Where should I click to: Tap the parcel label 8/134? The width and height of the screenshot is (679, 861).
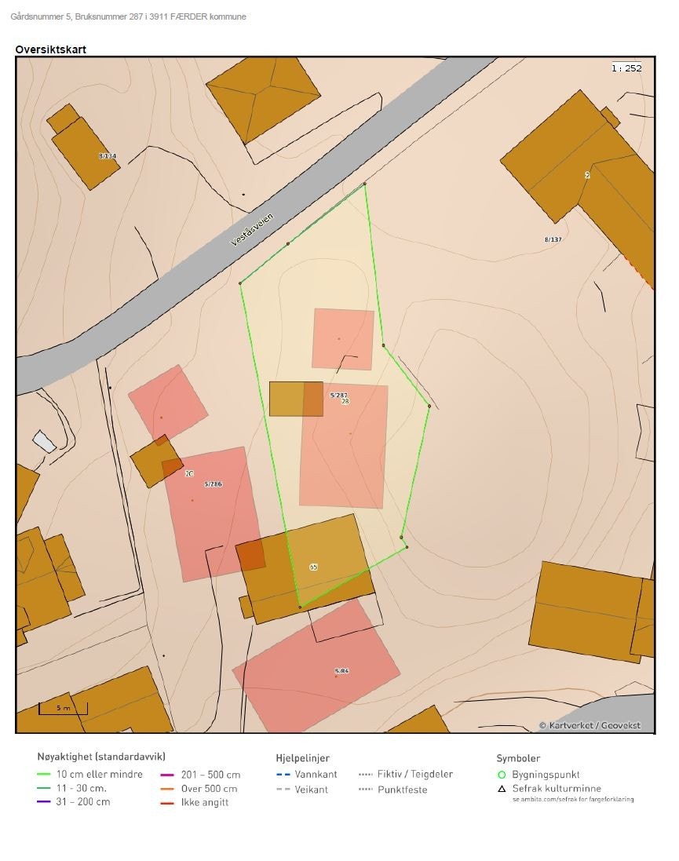108,156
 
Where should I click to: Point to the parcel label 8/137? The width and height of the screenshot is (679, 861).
553,239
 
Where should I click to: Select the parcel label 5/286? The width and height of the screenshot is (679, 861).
213,484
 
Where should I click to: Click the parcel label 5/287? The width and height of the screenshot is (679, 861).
338,395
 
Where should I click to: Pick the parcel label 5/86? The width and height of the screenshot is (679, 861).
341,671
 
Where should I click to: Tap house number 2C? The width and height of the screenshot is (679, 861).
189,474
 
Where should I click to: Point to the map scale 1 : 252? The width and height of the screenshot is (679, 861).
626,68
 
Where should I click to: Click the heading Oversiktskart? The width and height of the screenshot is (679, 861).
50,49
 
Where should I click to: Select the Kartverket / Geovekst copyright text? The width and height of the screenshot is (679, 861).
590,725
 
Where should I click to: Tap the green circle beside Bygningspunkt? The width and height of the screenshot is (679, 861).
502,775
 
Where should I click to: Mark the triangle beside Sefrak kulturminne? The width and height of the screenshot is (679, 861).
502,789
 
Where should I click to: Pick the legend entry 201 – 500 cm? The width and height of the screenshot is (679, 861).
210,775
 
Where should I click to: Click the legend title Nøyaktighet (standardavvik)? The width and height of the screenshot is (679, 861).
101,757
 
